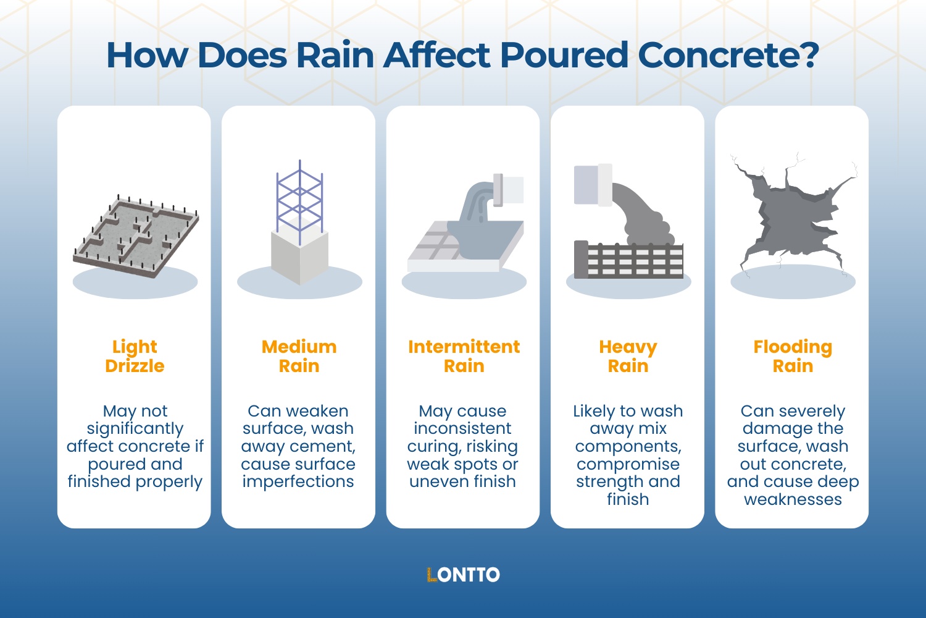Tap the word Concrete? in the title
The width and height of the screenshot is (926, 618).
[x=728, y=55]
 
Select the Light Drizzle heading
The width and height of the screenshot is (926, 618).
[x=135, y=356]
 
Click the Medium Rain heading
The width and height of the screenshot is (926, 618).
[x=299, y=356]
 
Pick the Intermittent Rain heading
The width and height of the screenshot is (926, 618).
[x=464, y=356]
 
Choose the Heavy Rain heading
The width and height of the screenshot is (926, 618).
[x=628, y=356]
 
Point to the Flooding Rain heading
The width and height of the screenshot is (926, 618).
[x=793, y=356]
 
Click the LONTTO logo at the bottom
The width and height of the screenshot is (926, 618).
[x=463, y=575]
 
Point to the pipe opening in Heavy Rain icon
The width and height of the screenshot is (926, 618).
[x=593, y=185]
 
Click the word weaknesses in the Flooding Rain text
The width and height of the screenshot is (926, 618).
[x=793, y=499]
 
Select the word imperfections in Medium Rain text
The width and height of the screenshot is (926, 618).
[x=298, y=481]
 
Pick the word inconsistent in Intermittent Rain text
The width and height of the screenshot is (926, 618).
[x=462, y=428]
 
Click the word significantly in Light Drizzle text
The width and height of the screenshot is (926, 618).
[x=135, y=428]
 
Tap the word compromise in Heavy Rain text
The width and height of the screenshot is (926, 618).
[x=628, y=463]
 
